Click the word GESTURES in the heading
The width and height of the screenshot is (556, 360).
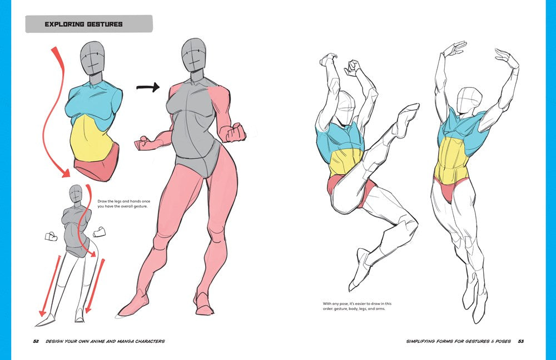pos(105,24)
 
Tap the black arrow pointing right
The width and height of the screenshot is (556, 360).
pos(148,87)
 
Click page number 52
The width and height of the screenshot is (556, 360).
pos(36,341)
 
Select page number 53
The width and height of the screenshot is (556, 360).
pos(520,341)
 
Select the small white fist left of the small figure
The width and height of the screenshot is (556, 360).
pos(51,236)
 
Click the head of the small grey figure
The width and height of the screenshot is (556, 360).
pos(76,194)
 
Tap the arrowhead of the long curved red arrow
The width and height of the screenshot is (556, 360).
pos(65,173)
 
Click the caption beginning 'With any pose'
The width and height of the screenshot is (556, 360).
pos(357,306)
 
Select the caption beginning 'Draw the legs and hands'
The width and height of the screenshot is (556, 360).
pos(124,204)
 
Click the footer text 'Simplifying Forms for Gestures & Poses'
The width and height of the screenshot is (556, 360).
pos(458,341)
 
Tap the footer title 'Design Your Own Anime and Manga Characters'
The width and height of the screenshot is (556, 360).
pos(105,341)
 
